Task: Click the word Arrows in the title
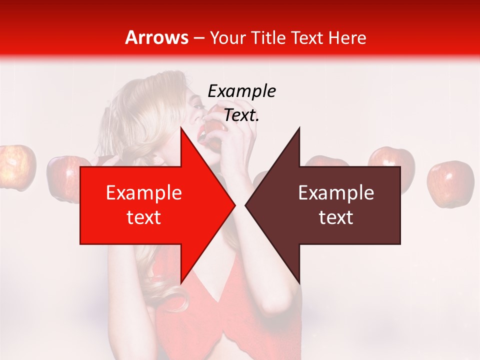point(157,37)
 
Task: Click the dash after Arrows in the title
point(199,38)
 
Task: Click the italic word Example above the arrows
point(241,91)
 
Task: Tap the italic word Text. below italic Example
point(241,115)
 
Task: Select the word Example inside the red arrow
point(144,193)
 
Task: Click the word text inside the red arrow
point(144,217)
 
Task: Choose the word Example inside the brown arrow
point(336,193)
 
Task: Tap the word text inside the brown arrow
point(336,217)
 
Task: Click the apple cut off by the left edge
point(16,166)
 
